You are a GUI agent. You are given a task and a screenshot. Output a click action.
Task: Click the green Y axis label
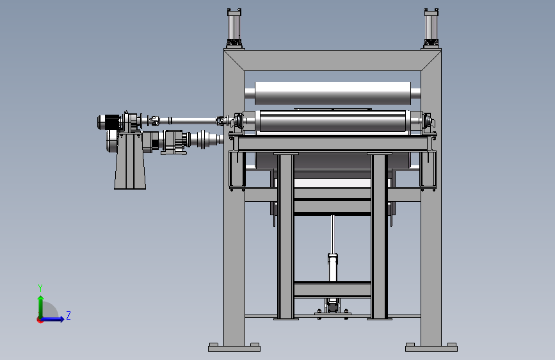(x=40, y=288)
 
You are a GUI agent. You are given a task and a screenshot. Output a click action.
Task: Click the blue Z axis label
(x=68, y=315)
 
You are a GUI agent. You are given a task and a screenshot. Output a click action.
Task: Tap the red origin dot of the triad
(x=39, y=320)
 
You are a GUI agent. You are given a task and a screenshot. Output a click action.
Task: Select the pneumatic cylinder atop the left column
(x=234, y=28)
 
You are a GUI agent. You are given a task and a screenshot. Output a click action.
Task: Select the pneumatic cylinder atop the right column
(x=431, y=28)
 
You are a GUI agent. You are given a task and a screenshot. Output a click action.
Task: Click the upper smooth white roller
(x=333, y=93)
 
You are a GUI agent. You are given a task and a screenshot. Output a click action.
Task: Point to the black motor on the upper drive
(x=112, y=122)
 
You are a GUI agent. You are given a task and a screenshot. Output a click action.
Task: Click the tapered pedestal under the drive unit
(x=130, y=161)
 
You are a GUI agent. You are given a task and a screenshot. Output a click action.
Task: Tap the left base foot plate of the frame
(x=234, y=347)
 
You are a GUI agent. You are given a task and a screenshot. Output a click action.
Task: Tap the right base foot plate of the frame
(x=431, y=347)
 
